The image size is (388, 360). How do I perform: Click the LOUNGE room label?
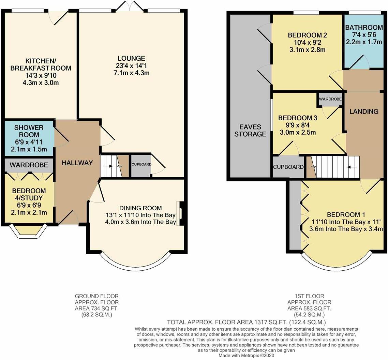131,58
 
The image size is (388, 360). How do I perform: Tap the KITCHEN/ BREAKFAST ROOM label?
41,64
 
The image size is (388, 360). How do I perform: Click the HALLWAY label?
77,163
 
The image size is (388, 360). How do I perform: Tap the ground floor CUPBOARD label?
141,164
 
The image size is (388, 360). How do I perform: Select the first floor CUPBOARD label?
288,167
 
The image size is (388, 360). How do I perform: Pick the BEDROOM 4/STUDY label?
29,194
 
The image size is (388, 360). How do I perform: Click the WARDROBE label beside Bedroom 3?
330,99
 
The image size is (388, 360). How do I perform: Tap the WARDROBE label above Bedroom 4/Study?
29,165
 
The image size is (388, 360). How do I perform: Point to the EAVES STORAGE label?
250,130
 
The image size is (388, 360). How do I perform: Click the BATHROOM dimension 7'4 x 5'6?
364,35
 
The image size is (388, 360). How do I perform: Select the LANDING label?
364,111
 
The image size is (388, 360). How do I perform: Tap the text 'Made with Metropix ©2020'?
246,355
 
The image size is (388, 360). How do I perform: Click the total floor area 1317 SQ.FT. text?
246,322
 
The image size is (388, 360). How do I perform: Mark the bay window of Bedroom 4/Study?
29,232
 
